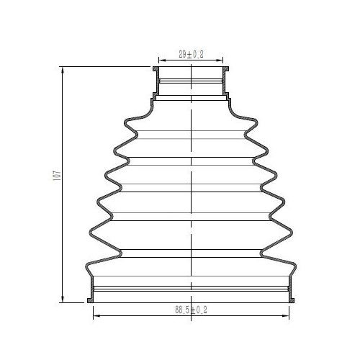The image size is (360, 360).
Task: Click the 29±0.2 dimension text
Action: click(x=191, y=54)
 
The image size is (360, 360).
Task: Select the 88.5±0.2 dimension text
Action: click(x=191, y=310)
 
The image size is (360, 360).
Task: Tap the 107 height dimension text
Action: click(x=58, y=176)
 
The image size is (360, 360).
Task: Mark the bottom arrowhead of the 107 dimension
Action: click(x=63, y=298)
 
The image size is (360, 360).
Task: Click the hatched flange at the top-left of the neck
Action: click(x=156, y=69)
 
